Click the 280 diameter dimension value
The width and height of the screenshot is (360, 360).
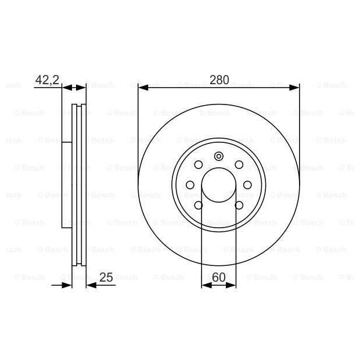tap(219, 80)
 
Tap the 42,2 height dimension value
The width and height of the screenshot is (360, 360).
tap(47, 80)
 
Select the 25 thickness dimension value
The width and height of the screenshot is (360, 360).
tap(106, 277)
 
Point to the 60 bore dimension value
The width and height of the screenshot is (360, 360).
tap(219, 277)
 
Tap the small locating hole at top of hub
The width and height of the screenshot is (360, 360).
tap(219, 156)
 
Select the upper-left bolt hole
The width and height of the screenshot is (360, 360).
tap(199, 165)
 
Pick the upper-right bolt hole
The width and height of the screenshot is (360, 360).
tap(239, 165)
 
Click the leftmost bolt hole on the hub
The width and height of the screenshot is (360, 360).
tap(190, 185)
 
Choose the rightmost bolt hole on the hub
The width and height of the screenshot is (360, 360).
tap(247, 185)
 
